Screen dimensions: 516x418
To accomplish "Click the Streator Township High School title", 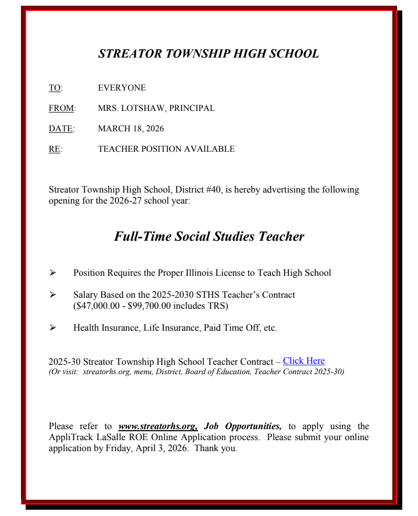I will pos(208,54).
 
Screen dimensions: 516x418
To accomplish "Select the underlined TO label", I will pos(54,88).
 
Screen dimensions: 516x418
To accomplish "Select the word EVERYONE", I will pos(122,88).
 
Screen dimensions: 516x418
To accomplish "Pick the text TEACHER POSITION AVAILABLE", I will pos(166,149).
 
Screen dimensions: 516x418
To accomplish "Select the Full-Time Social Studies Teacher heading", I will pos(208,237).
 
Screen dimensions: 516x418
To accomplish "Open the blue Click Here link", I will pos(304,361).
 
